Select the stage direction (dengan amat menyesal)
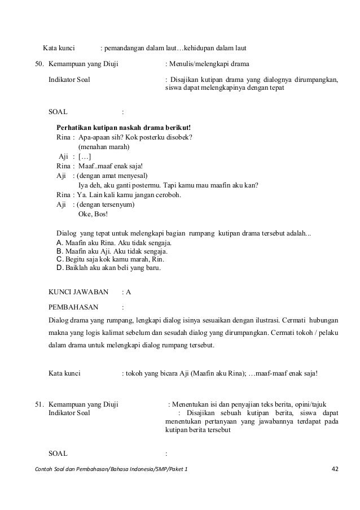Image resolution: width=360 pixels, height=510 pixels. click(111, 176)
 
